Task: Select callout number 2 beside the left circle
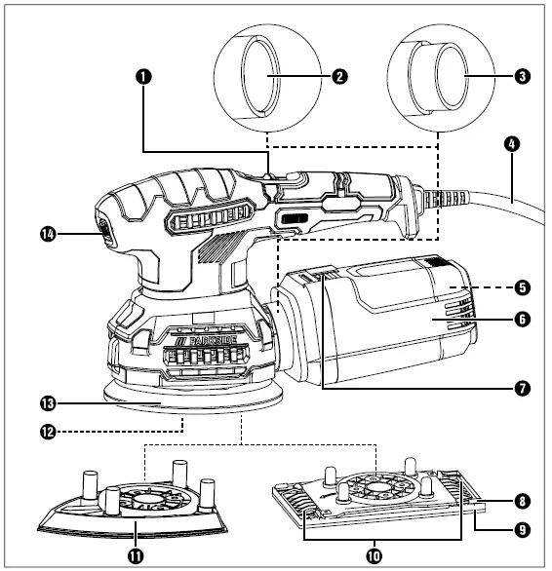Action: click(338, 75)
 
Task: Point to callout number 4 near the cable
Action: click(512, 143)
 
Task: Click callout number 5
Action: click(523, 287)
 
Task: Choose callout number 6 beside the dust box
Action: click(523, 320)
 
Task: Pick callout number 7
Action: click(523, 388)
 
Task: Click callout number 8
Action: click(523, 502)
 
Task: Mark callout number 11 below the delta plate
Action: click(135, 555)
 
